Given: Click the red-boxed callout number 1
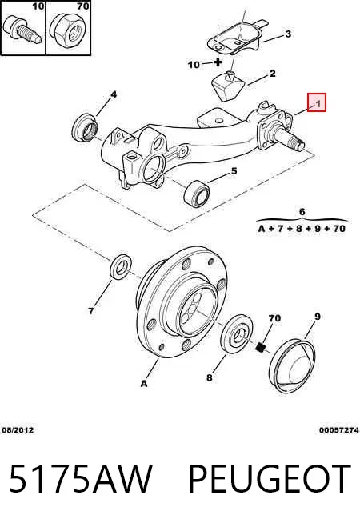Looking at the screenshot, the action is click(x=318, y=103).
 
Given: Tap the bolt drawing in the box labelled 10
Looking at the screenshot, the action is click(x=22, y=30).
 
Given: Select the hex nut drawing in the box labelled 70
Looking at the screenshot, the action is click(x=68, y=32).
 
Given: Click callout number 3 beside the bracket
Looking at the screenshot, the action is click(x=288, y=34).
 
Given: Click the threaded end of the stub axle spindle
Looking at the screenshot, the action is click(x=298, y=143).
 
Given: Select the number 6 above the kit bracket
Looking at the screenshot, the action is click(x=302, y=212).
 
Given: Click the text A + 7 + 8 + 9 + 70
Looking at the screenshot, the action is click(x=302, y=229).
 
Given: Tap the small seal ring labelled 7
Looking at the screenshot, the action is click(x=121, y=266).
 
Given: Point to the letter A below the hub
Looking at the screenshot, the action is click(x=144, y=384).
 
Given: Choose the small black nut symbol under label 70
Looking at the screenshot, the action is click(x=261, y=347).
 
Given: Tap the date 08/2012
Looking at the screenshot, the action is click(x=18, y=430).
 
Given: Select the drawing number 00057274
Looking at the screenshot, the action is click(x=339, y=430).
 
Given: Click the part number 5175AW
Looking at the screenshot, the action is click(x=81, y=479).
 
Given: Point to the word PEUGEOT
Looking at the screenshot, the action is click(x=270, y=479).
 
